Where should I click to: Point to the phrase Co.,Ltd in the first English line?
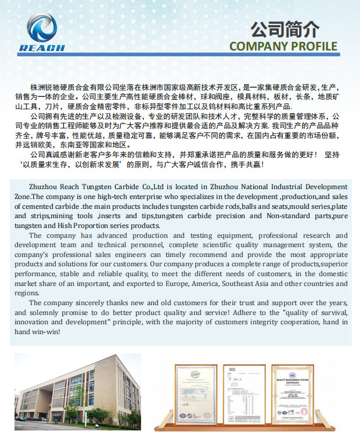tap(153, 186)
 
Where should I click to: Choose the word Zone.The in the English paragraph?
tap(29, 196)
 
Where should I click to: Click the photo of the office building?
tap(77, 388)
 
